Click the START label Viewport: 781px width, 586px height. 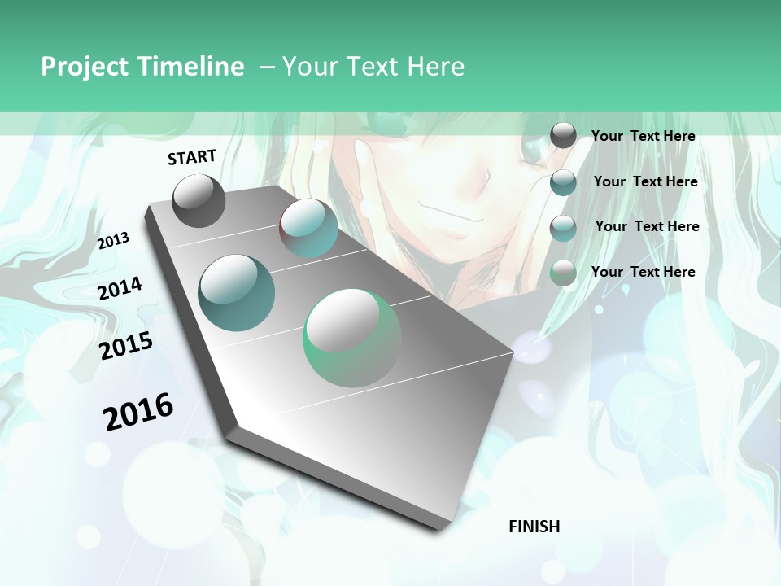pos(192,156)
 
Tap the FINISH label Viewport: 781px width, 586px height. pos(534,527)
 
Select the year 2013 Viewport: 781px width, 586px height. pos(113,241)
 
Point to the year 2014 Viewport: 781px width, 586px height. pos(120,288)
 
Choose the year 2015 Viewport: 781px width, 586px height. pos(126,346)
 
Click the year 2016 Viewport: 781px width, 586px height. pos(138,411)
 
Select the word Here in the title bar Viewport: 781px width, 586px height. pos(435,67)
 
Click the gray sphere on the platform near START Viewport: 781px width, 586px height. pos(199,200)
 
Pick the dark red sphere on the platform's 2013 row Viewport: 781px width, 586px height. pos(309,228)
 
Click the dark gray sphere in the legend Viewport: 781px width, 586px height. pos(563,135)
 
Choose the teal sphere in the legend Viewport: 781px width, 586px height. pos(563,181)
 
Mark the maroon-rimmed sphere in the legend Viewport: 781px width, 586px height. pos(563,227)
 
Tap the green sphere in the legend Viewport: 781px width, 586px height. pos(563,273)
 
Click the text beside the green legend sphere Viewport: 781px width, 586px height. pos(643,272)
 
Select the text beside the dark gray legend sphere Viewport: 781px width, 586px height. pos(643,136)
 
